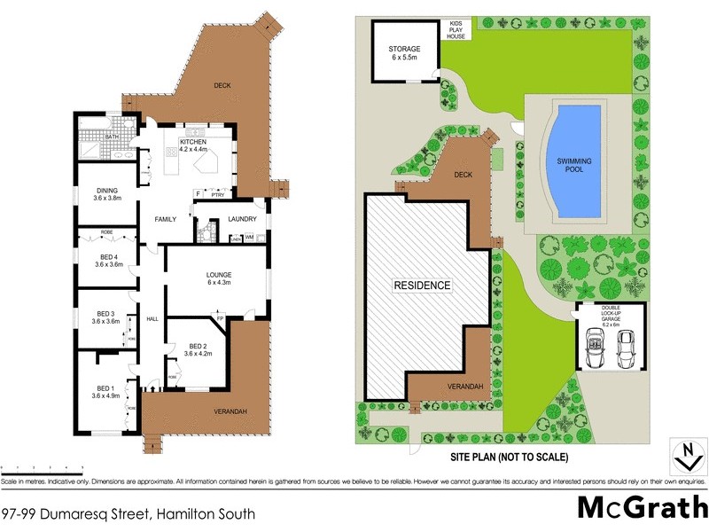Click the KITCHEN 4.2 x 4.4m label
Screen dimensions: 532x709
193,145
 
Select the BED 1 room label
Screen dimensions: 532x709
106,392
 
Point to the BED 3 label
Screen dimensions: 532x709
106,317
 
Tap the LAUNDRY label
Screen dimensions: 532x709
241,219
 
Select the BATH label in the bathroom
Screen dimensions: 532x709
113,137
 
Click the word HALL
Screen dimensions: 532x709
152,319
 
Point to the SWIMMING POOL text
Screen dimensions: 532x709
574,165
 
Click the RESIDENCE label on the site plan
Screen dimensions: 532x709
423,286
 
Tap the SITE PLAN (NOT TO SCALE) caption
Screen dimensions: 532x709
506,458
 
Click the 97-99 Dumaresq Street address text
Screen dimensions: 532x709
129,513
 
